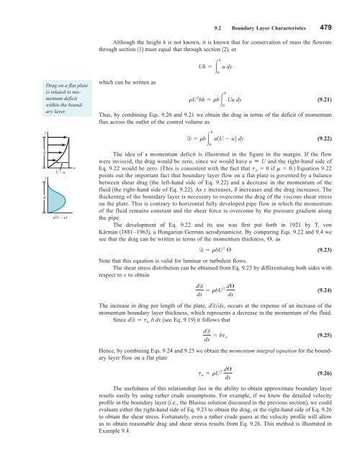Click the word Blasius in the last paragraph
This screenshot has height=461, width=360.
coord(184,423)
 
